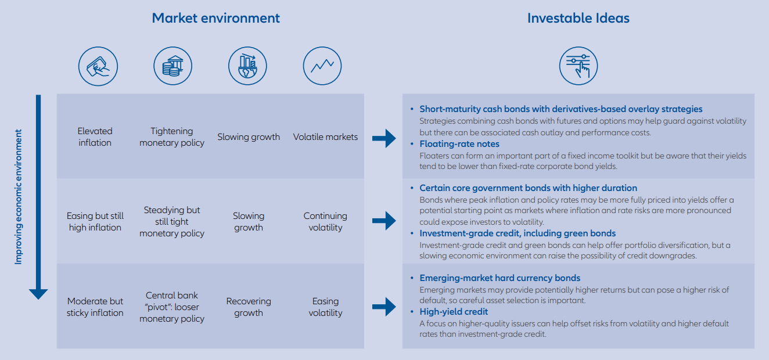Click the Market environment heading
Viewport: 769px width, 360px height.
point(215,18)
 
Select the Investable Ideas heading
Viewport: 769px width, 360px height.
point(578,18)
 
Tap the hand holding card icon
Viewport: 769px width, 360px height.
point(98,66)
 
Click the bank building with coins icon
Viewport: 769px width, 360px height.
point(173,66)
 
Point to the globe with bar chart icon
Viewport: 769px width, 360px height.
point(247,66)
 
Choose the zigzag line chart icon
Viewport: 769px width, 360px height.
point(322,66)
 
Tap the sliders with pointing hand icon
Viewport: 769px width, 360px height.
point(578,66)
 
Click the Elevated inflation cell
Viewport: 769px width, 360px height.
point(95,137)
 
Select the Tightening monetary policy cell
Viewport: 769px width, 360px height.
point(172,137)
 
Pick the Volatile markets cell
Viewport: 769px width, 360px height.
point(325,137)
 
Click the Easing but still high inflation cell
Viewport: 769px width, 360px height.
point(95,222)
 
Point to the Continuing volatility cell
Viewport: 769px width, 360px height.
point(325,222)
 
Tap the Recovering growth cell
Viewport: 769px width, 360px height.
point(249,307)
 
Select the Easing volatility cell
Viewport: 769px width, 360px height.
point(325,307)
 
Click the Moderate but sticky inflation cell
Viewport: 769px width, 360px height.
point(95,307)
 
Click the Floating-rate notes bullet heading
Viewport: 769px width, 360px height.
point(459,144)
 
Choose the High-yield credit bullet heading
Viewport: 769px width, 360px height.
point(454,312)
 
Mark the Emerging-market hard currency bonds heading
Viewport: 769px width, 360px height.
point(500,278)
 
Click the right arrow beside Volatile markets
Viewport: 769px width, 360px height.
point(383,138)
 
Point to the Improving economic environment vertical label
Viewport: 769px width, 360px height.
point(19,197)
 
